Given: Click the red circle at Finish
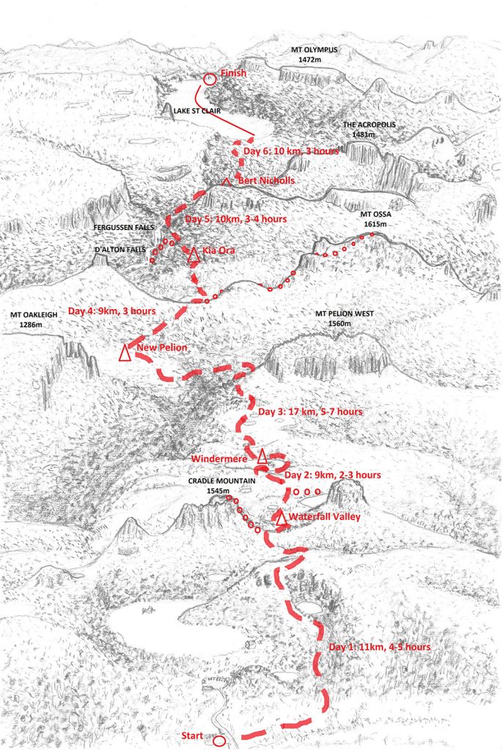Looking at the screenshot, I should click(209, 78).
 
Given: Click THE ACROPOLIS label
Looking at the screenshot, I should click(369, 125).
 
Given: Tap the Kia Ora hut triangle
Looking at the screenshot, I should click(193, 256).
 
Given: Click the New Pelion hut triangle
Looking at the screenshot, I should click(125, 353).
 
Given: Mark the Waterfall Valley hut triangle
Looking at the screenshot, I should click(280, 519).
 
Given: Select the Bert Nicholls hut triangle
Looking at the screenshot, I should click(227, 180).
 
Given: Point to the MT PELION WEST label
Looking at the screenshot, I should click(344, 313).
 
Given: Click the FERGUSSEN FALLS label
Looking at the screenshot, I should click(123, 229).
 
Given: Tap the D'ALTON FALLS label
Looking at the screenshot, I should click(118, 249).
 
